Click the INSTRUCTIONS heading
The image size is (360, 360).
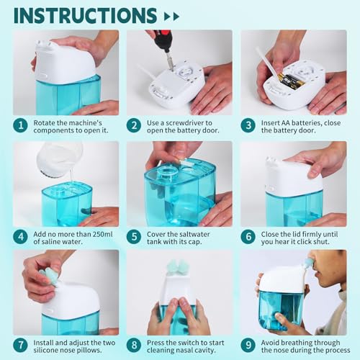point(85,16)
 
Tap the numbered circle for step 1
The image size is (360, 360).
point(21,125)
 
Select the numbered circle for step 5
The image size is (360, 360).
point(134,237)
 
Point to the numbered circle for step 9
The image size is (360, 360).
point(248,345)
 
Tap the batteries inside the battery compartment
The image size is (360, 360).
point(292,81)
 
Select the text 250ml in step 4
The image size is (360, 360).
point(102,234)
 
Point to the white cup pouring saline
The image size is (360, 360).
point(59,156)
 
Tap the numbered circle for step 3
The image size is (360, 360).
point(248,125)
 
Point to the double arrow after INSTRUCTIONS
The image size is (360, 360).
point(171,17)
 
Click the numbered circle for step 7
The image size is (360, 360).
point(21,345)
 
